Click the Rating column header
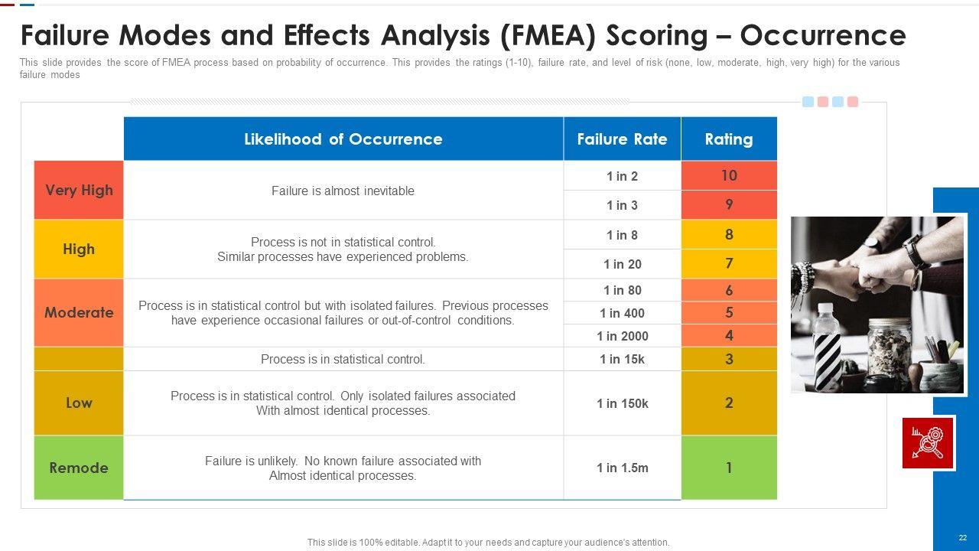coord(728,139)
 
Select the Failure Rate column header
coord(622,139)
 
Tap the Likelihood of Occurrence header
coord(343,139)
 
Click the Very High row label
coord(79,191)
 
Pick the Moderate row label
coord(79,312)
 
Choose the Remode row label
coord(79,468)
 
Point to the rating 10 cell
coord(729,175)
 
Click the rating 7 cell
coord(729,263)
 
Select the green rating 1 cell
coord(729,468)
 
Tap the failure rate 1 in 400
coord(622,313)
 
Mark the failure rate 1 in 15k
coord(622,359)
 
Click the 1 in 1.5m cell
coord(622,468)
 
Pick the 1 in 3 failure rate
coord(622,205)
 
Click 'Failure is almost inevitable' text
coord(343,191)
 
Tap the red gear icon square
coord(928,442)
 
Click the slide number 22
coord(962,538)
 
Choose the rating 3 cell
coord(729,359)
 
